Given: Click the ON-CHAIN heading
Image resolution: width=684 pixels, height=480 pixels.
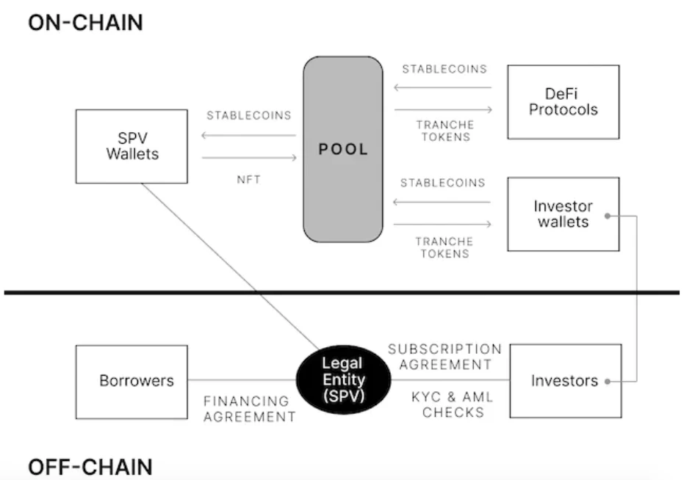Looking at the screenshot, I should click(x=85, y=22).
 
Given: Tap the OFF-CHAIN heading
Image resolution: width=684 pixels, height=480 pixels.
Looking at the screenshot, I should click(x=90, y=467).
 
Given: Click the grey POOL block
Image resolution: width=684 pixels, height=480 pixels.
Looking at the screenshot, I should click(x=343, y=149).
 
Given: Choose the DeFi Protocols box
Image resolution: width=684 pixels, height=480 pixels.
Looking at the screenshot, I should click(x=564, y=101).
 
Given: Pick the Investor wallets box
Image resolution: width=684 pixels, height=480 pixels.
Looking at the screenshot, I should click(x=563, y=214).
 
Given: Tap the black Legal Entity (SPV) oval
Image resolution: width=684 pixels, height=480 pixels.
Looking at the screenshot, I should click(x=343, y=379).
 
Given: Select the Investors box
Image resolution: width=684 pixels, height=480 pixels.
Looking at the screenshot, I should click(x=564, y=381).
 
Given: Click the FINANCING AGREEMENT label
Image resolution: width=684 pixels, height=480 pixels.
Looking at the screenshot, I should click(x=249, y=409).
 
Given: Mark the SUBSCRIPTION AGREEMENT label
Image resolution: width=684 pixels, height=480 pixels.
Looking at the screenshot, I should click(x=445, y=356).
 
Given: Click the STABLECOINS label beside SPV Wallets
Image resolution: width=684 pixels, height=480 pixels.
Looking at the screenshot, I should click(x=249, y=115).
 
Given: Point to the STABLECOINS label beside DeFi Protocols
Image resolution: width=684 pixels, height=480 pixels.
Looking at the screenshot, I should click(x=444, y=69).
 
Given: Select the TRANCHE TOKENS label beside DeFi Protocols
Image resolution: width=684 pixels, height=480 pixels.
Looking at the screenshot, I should click(x=443, y=131).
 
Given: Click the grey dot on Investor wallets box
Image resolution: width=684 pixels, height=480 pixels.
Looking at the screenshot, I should click(x=608, y=216).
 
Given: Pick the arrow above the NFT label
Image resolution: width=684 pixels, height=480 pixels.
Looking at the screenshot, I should click(x=249, y=157).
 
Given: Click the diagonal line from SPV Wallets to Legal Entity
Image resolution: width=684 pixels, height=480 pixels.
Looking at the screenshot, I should click(x=228, y=265).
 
